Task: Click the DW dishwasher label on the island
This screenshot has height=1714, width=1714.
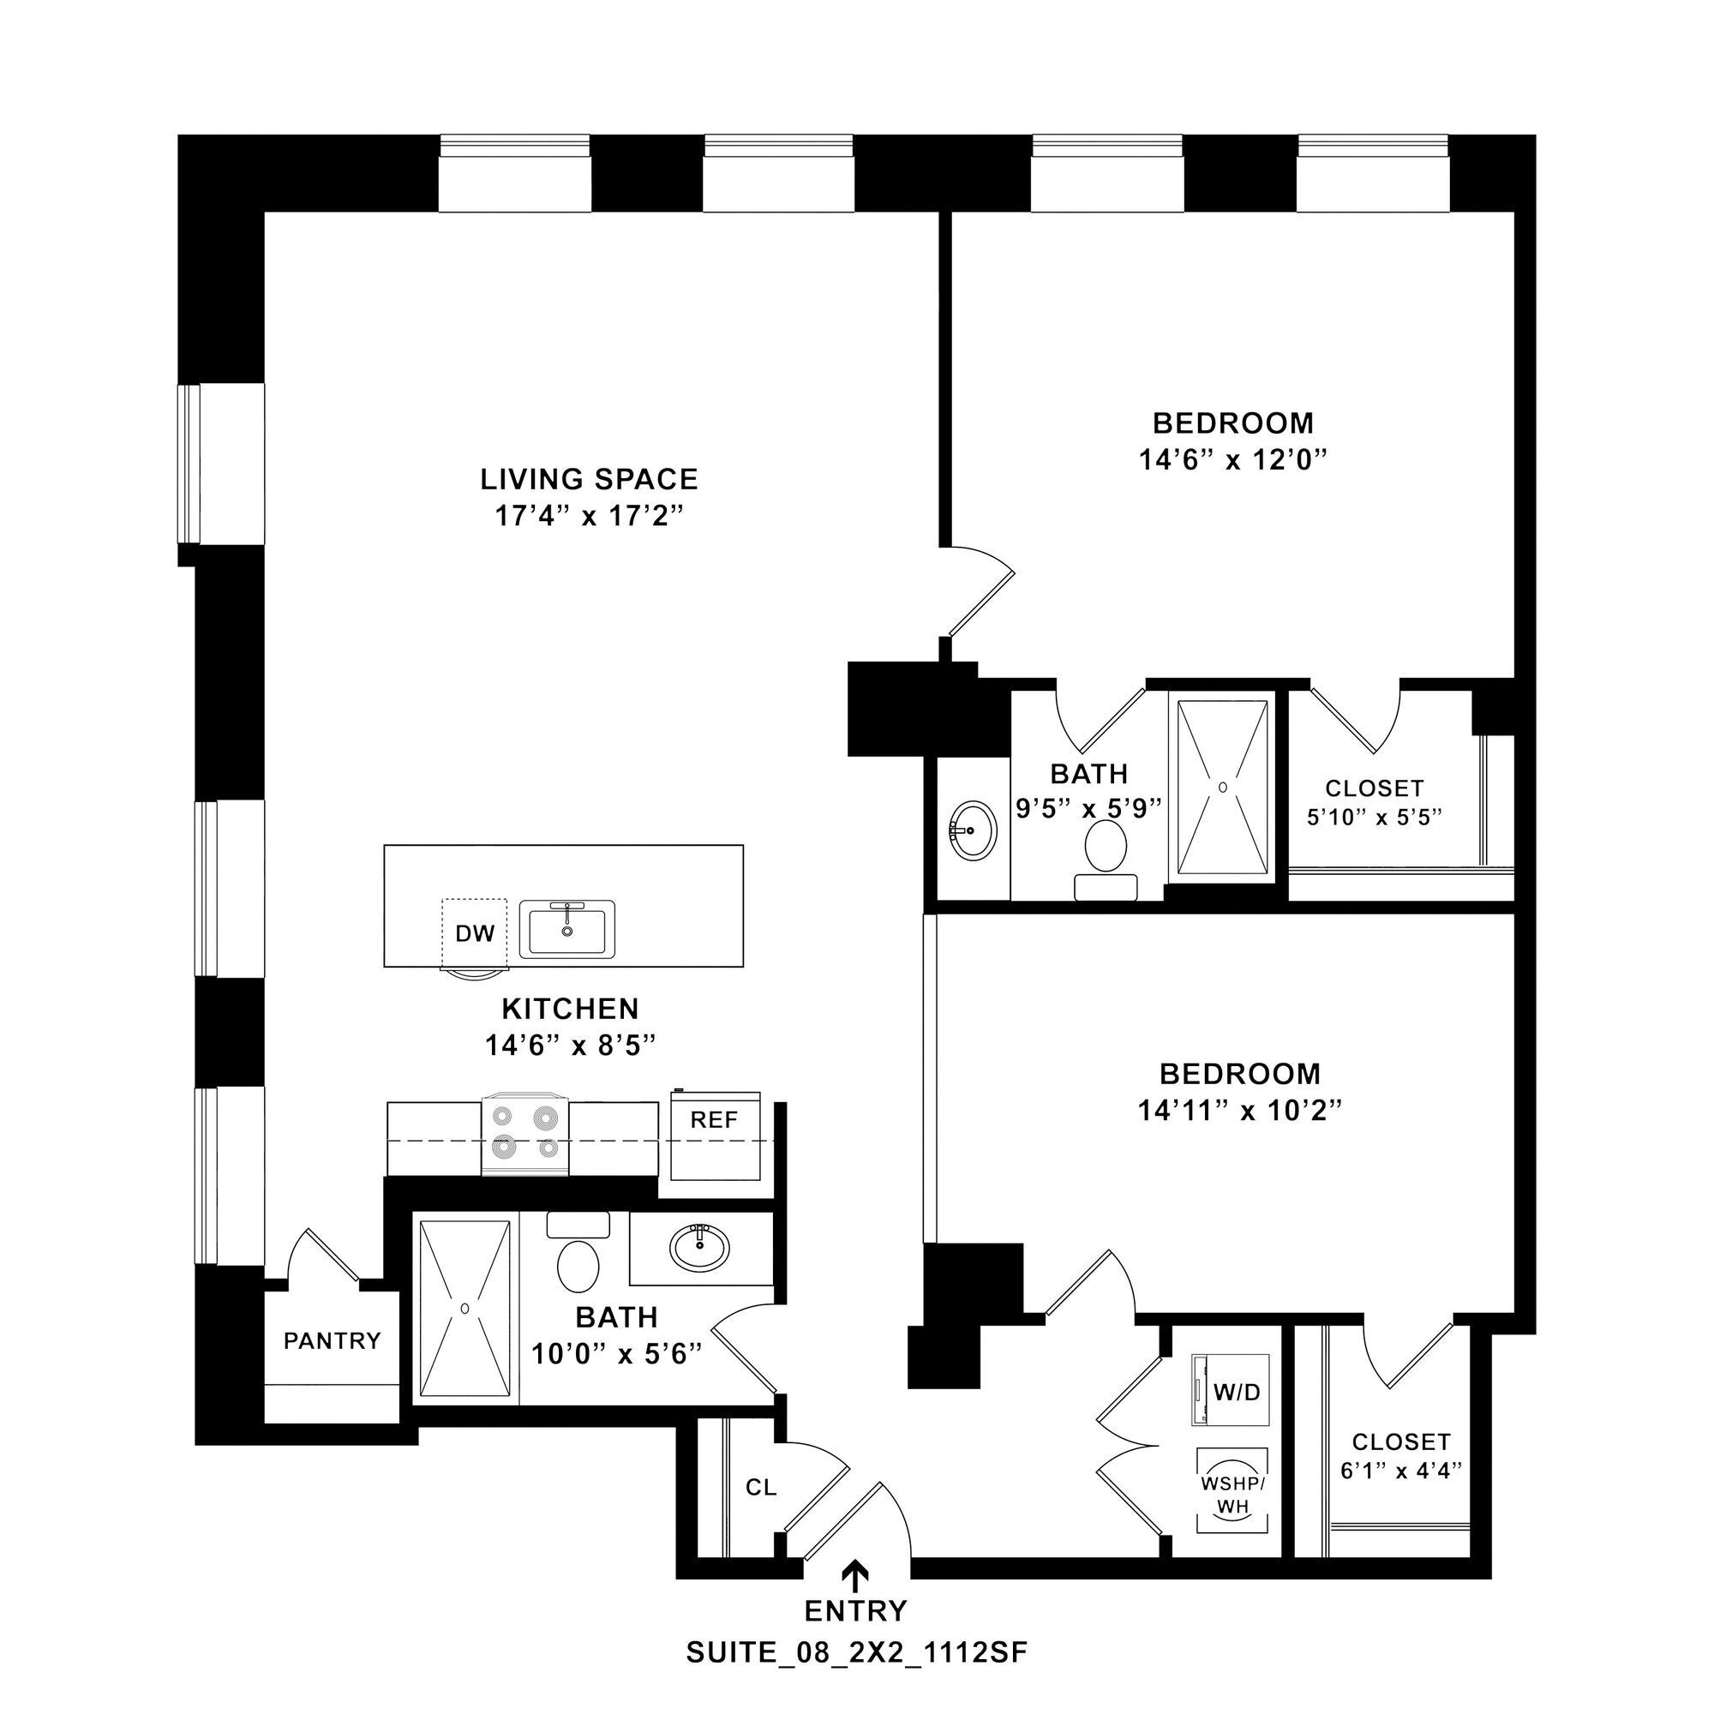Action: [x=475, y=933]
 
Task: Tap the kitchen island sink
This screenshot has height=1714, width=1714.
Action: [x=566, y=929]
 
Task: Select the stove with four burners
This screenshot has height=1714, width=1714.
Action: [x=524, y=1136]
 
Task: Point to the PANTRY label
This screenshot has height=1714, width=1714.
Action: [x=332, y=1340]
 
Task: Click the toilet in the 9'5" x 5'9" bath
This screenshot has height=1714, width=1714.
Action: [x=1106, y=847]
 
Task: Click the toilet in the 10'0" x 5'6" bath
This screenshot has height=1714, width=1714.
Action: [x=578, y=1264]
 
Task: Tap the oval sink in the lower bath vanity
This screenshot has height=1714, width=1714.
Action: [x=699, y=1246]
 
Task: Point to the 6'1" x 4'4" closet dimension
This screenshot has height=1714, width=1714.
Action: [x=1401, y=1471]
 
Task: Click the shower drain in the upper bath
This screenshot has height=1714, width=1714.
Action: [x=1223, y=787]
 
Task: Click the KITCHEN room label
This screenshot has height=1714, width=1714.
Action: [x=571, y=1009]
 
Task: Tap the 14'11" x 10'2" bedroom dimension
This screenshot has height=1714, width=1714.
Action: [x=1239, y=1111]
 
